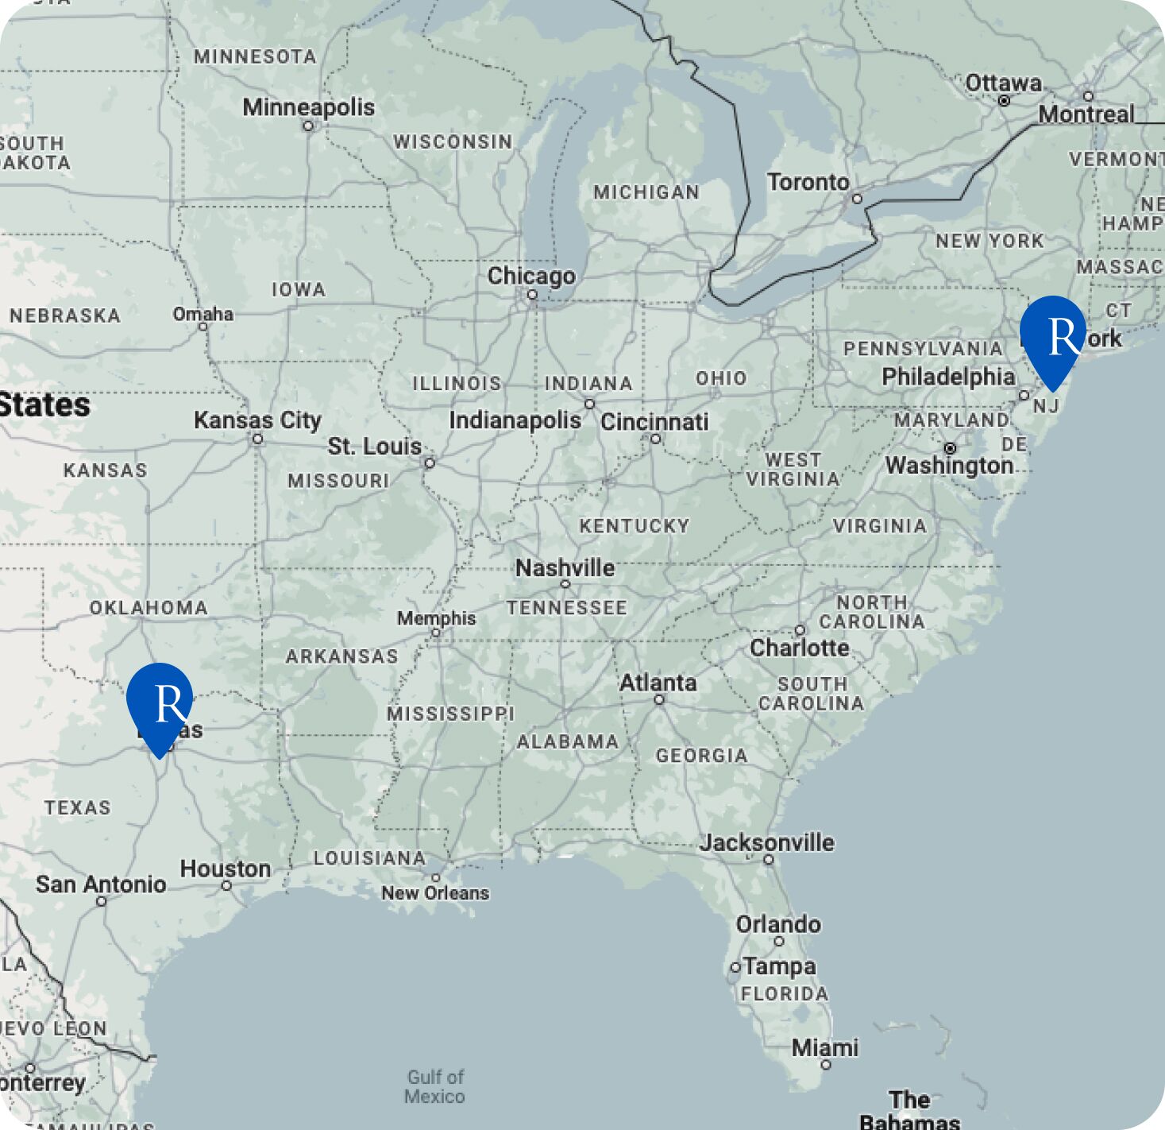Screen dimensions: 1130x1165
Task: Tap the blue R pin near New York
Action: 1053,336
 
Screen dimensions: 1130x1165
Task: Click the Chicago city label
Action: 531,276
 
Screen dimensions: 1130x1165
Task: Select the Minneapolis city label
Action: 308,106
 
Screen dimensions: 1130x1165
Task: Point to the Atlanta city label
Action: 658,683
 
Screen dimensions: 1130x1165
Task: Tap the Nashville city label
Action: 565,568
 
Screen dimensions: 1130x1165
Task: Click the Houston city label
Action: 226,869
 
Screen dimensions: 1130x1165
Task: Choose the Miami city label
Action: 824,1047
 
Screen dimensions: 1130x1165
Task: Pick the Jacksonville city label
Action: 766,842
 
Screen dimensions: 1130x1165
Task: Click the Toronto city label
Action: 808,182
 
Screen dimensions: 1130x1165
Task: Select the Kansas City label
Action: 257,420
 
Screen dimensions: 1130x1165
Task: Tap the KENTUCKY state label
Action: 634,526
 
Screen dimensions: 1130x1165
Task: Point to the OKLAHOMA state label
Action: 149,608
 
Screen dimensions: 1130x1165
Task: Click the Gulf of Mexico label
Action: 434,1086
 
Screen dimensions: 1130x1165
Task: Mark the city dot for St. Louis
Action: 430,462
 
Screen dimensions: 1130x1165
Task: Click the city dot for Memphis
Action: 436,633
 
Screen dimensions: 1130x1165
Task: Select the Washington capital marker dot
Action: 950,448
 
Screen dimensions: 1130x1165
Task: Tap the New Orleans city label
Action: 435,893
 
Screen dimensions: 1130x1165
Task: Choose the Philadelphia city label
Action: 948,377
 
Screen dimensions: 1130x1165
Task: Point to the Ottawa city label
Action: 1003,83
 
